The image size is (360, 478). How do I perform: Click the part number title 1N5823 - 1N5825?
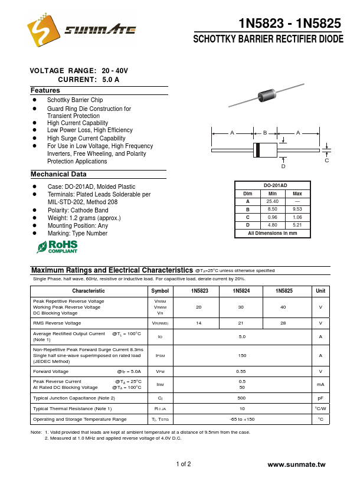tap(289, 24)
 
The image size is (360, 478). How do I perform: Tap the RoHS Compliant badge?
tap(57, 246)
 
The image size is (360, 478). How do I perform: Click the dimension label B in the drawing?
tap(265, 133)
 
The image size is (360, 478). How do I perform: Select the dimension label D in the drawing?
tap(283, 166)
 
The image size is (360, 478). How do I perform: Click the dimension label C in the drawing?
tap(326, 161)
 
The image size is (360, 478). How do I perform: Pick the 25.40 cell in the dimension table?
tap(272, 201)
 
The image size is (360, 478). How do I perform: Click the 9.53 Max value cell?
tap(297, 209)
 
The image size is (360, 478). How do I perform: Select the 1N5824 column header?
tap(241, 291)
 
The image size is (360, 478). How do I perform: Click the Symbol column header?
tap(159, 291)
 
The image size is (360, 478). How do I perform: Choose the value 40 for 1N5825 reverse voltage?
tap(283, 307)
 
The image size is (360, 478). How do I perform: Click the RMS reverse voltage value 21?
tap(241, 323)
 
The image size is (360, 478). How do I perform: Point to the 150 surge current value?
tap(241, 355)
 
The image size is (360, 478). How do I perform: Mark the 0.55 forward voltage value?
tap(241, 371)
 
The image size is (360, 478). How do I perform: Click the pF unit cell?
tap(320, 398)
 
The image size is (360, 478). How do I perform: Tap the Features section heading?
tap(45, 90)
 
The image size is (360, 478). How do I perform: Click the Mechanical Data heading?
tap(58, 174)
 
